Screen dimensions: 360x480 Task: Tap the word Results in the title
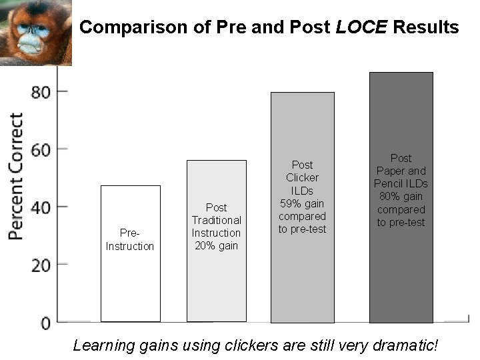click(425, 27)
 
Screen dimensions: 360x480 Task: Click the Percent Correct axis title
click(16, 177)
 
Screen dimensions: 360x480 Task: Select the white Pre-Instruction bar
click(130, 280)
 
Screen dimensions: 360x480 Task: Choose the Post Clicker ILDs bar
click(302, 280)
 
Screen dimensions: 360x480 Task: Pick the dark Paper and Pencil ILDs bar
click(401, 280)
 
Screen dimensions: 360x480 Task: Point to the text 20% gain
click(216, 245)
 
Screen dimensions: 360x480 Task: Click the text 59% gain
click(302, 203)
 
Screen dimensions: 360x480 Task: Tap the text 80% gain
click(401, 197)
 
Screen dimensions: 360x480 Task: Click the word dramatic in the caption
click(405, 345)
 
